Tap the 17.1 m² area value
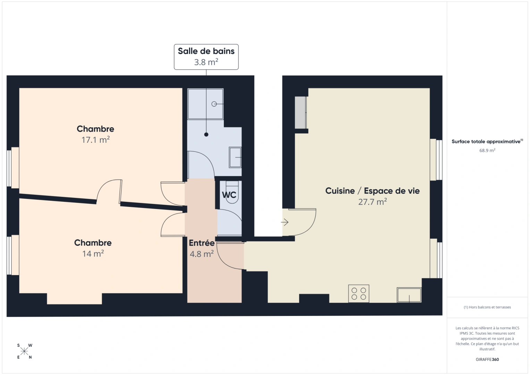pos(95,140)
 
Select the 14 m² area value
pos(93,254)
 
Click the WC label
pos(229,195)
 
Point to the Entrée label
pos(201,243)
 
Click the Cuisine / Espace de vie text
pos(372,191)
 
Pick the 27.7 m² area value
pos(372,202)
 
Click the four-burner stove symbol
pos(359,294)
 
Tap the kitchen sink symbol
pos(409,295)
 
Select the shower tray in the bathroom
pos(205,104)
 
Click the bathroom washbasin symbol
pos(235,157)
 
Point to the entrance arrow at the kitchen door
pos(285,222)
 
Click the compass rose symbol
pos(24,351)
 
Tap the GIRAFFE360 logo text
pos(487,359)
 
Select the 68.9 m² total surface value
pos(487,151)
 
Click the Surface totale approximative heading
pos(486,142)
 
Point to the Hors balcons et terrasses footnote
pos(487,307)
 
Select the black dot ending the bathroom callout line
pos(206,134)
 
